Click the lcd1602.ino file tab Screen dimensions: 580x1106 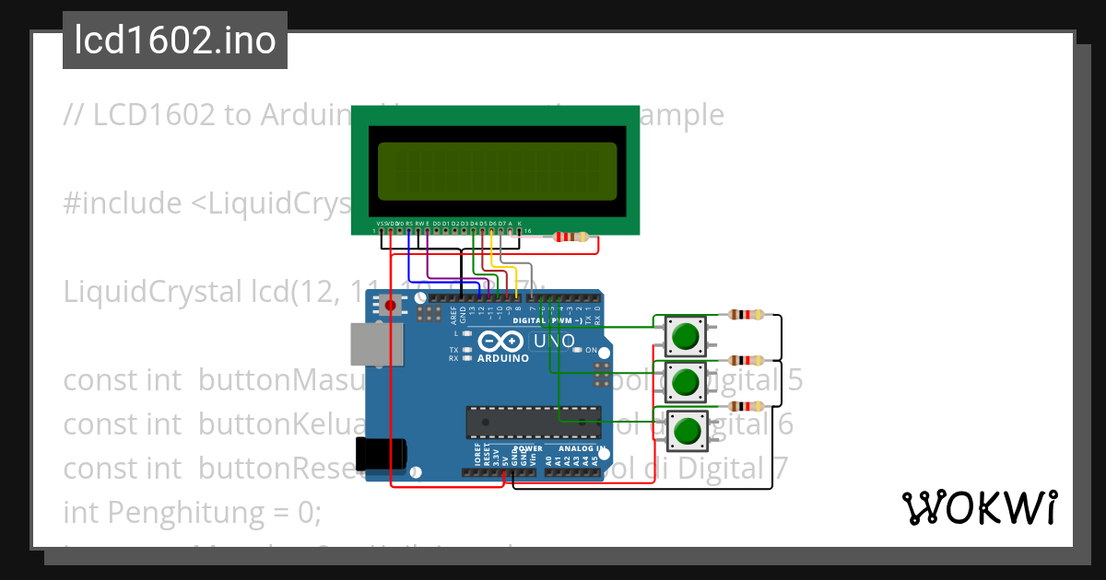tap(175, 41)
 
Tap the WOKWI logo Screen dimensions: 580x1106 tap(979, 507)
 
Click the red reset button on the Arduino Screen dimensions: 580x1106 tap(391, 305)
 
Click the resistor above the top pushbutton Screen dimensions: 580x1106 tap(746, 315)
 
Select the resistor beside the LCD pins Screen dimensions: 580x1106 tap(571, 238)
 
